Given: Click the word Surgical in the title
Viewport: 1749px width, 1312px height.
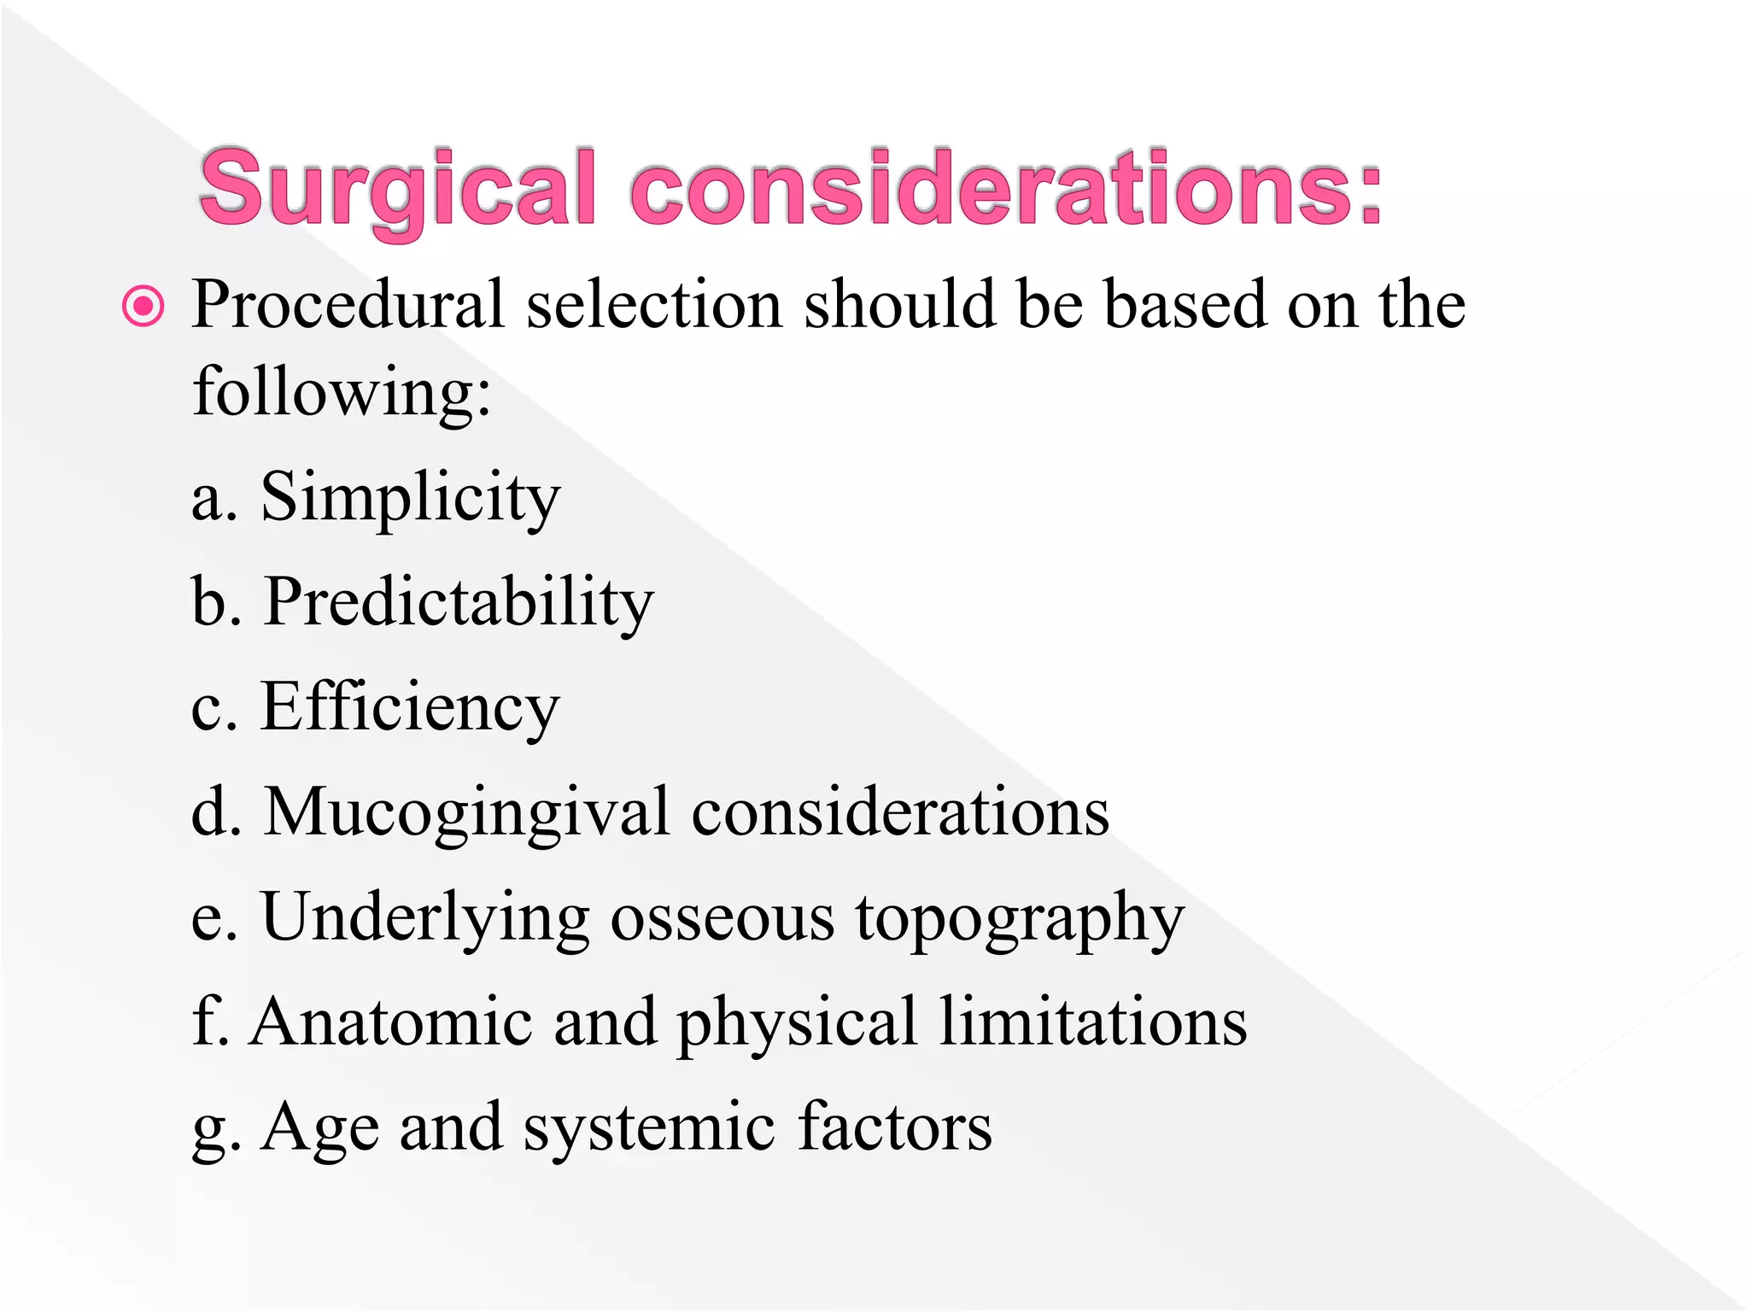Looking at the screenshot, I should tap(397, 190).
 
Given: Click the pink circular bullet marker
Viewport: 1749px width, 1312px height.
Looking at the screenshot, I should tap(143, 307).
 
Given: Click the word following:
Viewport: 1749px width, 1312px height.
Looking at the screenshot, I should tap(342, 393).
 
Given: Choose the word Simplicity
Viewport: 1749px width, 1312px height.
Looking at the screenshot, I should tap(411, 499).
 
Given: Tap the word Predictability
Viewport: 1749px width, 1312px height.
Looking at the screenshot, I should tap(459, 603).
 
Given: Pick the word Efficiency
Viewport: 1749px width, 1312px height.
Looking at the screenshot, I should tap(410, 707).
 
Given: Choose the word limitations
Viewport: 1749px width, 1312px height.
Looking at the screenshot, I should tap(1093, 1022).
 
